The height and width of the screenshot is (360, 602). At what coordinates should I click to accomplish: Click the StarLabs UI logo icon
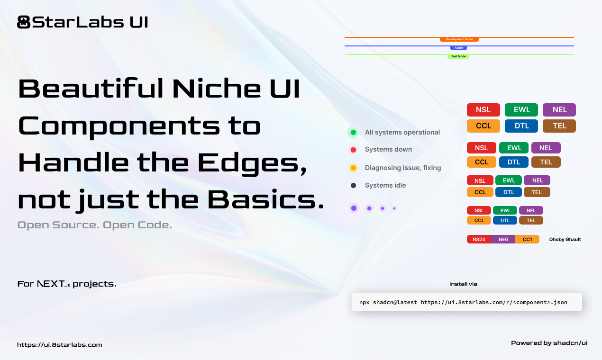point(24,22)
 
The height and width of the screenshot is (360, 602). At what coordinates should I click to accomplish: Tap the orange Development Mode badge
point(459,39)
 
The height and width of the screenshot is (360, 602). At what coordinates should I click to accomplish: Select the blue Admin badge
point(458,48)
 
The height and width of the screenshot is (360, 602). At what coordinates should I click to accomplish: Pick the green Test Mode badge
point(458,56)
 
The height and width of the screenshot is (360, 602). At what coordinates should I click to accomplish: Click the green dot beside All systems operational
point(353,132)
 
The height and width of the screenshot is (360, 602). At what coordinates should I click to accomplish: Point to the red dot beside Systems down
point(353,150)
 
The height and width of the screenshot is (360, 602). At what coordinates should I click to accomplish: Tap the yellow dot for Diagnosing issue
point(353,168)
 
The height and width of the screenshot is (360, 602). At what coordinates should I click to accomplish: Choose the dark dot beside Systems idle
point(353,185)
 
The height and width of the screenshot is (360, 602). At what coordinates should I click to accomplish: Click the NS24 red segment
point(479,240)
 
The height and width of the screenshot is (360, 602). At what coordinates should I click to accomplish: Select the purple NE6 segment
point(503,240)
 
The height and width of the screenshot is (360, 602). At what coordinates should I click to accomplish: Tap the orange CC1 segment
point(527,240)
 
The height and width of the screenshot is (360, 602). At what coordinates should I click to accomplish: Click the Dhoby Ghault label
point(565,240)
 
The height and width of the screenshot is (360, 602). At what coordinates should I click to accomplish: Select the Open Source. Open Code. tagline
point(94,225)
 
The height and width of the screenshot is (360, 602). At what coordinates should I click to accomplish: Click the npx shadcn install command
point(463,302)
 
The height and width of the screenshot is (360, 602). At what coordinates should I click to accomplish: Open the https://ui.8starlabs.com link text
point(59,345)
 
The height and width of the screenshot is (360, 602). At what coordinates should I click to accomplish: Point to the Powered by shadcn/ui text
point(549,343)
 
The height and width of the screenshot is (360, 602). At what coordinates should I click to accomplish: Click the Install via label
point(463,284)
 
